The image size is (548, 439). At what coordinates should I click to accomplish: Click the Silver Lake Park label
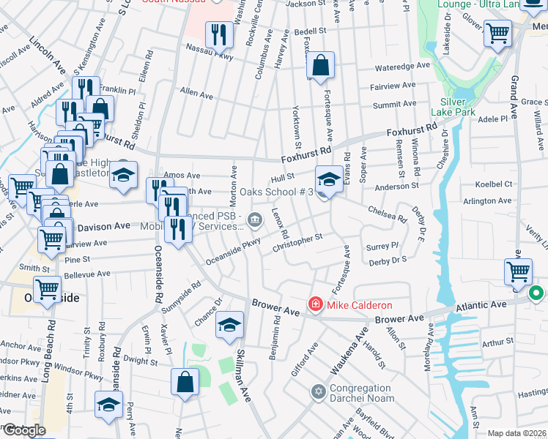tap(459, 106)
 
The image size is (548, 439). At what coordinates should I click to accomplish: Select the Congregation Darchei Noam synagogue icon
tap(317, 393)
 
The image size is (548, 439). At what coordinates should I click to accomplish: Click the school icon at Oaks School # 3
tap(329, 179)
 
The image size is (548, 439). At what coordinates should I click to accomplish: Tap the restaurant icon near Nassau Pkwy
tap(218, 34)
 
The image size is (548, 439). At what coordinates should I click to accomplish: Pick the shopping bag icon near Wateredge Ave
tap(320, 65)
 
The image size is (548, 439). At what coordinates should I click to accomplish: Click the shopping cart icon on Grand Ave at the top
tap(497, 33)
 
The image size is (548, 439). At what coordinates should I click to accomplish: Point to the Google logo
tap(23, 429)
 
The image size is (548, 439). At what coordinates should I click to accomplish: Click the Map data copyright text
tap(516, 433)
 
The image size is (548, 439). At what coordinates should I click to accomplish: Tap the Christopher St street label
tap(297, 242)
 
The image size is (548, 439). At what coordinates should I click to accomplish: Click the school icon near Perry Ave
tap(108, 405)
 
